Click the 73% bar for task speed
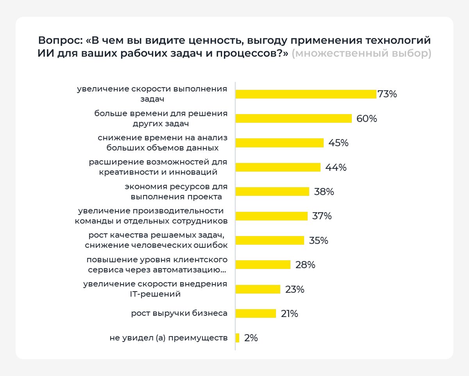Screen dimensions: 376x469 coord(306,94)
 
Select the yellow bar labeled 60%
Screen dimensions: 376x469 coord(294,118)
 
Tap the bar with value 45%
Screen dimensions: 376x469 coord(279,143)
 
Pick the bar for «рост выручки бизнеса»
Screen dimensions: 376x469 coord(256,313)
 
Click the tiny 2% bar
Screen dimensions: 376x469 coord(237,338)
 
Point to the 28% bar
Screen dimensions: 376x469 coord(263,265)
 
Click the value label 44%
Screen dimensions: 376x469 coord(336,168)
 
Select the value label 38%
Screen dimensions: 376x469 coord(324,192)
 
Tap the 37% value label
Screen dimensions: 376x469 coord(322,216)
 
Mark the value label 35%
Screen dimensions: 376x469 coord(318,240)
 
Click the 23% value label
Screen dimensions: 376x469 coord(295,289)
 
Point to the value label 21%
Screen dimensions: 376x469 coord(289,313)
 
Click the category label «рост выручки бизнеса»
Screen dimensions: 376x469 coord(179,313)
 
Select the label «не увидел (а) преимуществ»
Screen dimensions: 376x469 coord(168,338)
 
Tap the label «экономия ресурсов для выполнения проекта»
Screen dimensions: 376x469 coord(176,192)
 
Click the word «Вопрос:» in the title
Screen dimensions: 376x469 coord(60,41)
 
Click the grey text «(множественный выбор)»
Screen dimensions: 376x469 coord(362,53)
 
